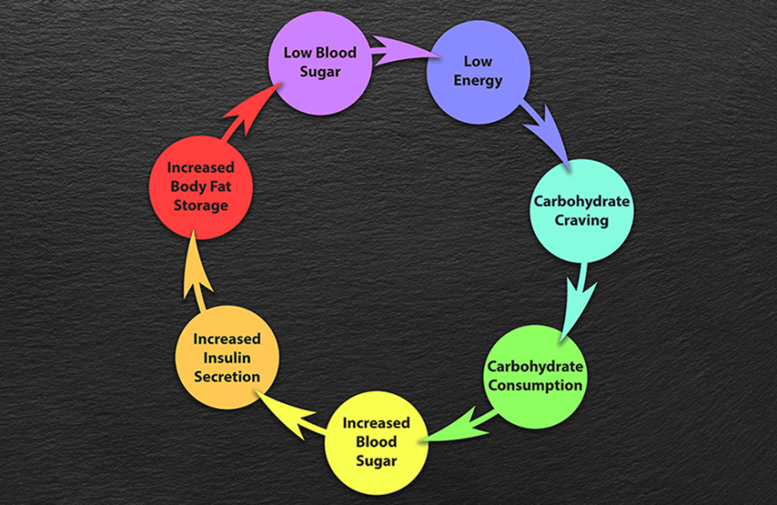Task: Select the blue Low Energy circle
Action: pyautogui.click(x=478, y=71)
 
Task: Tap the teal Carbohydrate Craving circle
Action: pyautogui.click(x=581, y=210)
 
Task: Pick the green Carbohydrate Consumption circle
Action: pyautogui.click(x=535, y=376)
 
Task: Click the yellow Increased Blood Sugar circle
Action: pyautogui.click(x=376, y=441)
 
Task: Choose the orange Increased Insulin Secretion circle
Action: pyautogui.click(x=226, y=358)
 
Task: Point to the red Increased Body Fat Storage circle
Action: pyautogui.click(x=200, y=186)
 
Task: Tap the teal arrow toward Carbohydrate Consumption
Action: pyautogui.click(x=579, y=295)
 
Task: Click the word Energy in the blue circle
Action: pyautogui.click(x=478, y=81)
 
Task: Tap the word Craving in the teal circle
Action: pyautogui.click(x=581, y=221)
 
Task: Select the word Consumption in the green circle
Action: pyautogui.click(x=535, y=385)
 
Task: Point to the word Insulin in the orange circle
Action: pyautogui.click(x=227, y=358)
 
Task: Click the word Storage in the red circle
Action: pyautogui.click(x=200, y=205)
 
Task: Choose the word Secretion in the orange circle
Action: pyautogui.click(x=227, y=376)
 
